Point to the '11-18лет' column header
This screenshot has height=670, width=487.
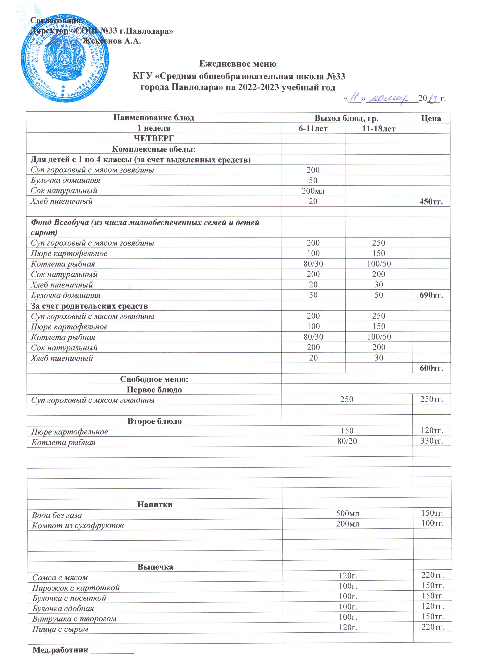(379, 128)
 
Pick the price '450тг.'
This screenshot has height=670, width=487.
(431, 201)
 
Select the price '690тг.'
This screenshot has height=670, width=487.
(431, 295)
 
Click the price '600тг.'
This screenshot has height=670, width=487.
(431, 368)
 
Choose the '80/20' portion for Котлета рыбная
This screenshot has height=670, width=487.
(347, 441)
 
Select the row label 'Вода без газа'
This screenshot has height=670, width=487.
(57, 516)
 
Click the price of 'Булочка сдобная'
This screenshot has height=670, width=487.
(432, 606)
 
